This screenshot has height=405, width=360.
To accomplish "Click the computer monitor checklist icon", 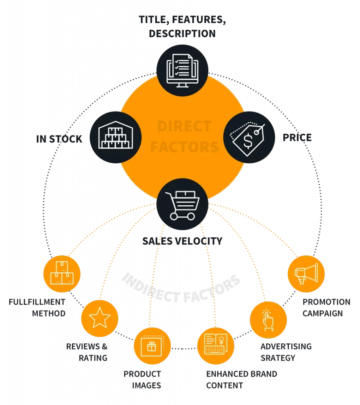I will pos(182,70).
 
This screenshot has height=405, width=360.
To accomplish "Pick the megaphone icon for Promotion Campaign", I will pos(306,273).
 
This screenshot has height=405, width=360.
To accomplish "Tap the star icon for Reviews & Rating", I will pos(100,318).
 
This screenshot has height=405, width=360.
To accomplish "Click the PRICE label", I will pos(297,137).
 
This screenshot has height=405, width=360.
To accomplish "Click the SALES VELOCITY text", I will pos(182,240).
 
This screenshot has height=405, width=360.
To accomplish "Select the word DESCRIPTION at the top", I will pos(182,33).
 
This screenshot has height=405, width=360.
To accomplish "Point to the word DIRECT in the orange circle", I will pos(184,127).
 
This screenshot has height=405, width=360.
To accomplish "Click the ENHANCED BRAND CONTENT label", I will pos(241,379).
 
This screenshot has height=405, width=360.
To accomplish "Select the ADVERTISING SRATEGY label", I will pos(285,352).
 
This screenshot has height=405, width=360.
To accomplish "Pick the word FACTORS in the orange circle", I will pos(185,147).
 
